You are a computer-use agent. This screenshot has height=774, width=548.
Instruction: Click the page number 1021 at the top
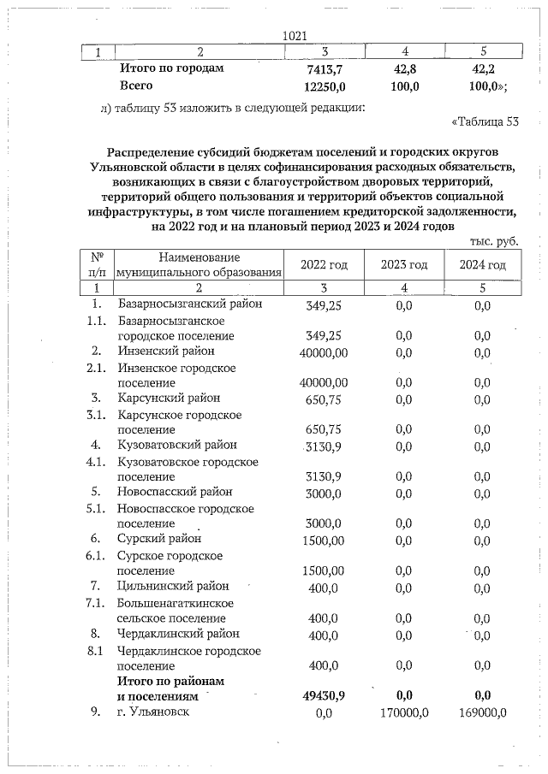point(295,35)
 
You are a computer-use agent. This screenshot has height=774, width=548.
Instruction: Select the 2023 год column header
point(404,265)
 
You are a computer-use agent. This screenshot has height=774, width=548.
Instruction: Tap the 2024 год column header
point(482,265)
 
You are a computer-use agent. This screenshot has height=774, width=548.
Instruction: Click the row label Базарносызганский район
point(190,304)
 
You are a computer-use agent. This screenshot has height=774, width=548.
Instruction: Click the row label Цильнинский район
point(174,587)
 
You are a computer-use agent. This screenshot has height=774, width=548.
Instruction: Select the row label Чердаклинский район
point(179,635)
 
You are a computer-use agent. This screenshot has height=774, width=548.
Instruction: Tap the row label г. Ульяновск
point(153,712)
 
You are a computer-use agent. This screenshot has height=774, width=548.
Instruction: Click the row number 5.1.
point(97,509)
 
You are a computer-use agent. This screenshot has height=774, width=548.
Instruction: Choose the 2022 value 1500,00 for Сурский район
point(325,540)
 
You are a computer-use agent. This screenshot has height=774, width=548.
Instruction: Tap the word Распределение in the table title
point(159,148)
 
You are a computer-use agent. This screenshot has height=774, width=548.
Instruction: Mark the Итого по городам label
point(172,68)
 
